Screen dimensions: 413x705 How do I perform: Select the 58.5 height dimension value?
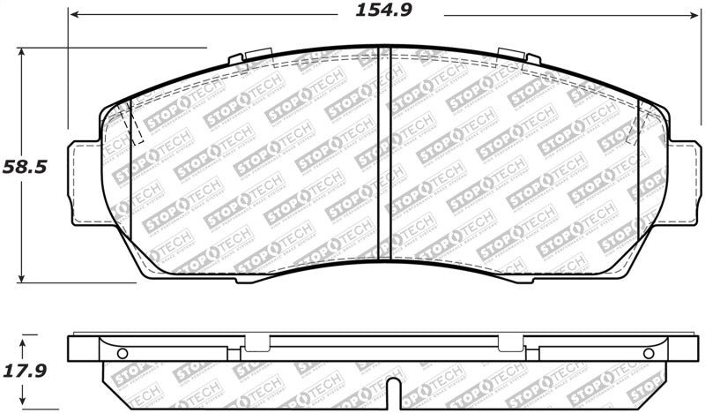24,165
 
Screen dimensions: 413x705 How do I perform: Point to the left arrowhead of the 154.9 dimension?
74,15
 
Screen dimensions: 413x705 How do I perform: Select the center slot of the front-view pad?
378,154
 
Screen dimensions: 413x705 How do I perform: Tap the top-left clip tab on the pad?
241,60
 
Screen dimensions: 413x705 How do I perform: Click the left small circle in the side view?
122,354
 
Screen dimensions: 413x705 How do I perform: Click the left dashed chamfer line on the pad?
134,124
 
